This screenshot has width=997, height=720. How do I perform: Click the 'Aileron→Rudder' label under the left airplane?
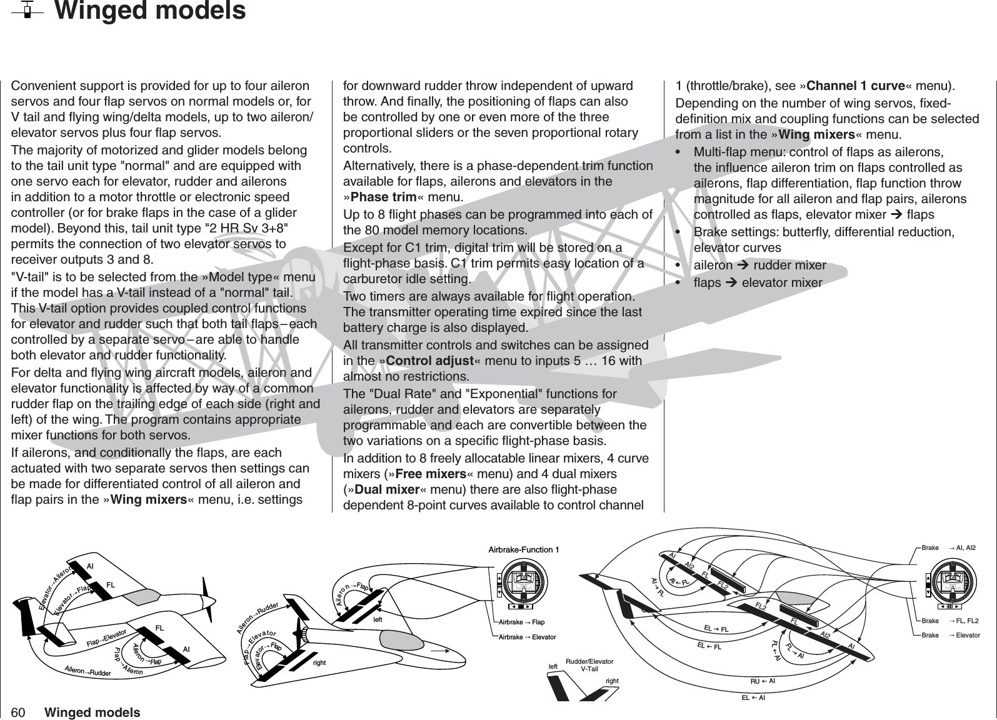pos(88,671)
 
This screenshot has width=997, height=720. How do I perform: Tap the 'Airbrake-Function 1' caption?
pos(523,550)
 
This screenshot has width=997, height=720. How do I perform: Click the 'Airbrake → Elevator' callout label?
pos(527,637)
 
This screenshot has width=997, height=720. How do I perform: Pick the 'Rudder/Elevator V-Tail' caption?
pos(589,664)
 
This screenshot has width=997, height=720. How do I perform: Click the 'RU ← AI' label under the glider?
pos(763,680)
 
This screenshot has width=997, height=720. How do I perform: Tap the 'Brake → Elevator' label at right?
pos(950,635)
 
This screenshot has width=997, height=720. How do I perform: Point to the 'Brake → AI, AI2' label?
pos(949,548)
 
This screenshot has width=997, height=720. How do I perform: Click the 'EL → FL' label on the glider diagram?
pos(717,628)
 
